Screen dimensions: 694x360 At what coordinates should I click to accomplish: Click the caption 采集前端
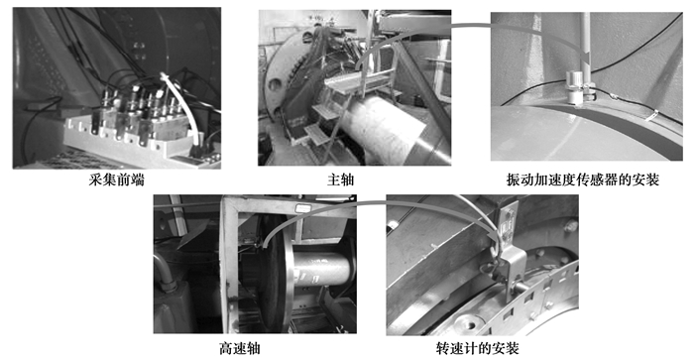[x=116, y=180]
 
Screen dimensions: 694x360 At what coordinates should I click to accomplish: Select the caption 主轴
[x=341, y=180]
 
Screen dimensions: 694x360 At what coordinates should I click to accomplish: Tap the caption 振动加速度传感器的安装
[x=583, y=180]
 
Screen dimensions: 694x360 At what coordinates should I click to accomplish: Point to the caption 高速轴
[x=240, y=348]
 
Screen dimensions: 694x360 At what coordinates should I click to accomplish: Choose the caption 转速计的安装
[x=477, y=348]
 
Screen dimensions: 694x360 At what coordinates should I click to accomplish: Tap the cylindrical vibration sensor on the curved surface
[x=574, y=87]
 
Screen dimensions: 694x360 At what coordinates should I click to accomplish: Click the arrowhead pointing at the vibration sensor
[x=588, y=58]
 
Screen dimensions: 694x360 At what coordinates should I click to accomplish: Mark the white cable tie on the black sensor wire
[x=650, y=116]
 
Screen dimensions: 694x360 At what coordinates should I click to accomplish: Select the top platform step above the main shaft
[x=350, y=83]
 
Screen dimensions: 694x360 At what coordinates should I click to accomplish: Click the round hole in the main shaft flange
[x=275, y=84]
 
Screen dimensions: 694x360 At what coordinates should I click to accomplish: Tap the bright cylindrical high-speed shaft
[x=321, y=270]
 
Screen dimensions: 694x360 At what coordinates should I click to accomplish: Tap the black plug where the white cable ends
[x=196, y=151]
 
